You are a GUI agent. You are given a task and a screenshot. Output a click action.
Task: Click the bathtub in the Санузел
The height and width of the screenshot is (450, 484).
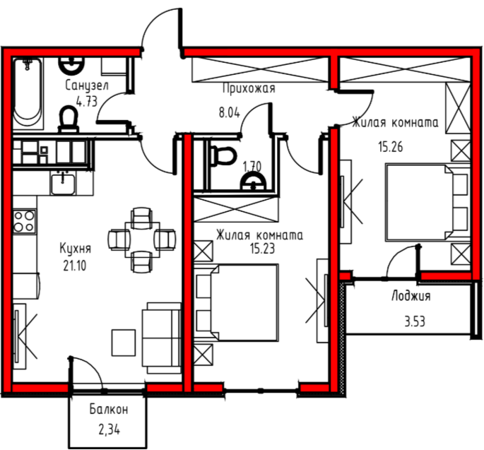(27, 93)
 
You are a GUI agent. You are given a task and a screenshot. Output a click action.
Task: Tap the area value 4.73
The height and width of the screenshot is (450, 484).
(87, 101)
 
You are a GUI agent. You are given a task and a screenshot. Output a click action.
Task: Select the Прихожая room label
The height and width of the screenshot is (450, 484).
(249, 88)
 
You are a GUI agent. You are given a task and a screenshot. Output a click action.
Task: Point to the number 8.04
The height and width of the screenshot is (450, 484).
(230, 113)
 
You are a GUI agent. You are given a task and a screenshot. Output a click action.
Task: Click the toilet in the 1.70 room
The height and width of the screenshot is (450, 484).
(223, 156)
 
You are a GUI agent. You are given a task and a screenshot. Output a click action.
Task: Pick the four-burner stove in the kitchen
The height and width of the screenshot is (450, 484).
(25, 221)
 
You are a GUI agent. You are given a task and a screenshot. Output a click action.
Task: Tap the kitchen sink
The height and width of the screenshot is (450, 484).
(63, 184)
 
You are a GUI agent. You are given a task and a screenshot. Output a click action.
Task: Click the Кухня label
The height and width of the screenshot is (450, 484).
(76, 249)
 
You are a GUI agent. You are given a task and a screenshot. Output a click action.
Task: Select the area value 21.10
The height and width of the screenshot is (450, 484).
(75, 266)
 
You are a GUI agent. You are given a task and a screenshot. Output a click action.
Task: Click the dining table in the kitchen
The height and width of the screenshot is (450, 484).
(142, 239)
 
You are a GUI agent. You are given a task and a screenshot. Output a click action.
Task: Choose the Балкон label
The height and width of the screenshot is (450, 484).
(109, 410)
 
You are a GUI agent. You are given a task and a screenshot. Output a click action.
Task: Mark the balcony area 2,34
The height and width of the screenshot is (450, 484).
(110, 430)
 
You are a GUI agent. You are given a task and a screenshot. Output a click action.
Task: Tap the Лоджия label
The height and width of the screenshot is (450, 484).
(411, 296)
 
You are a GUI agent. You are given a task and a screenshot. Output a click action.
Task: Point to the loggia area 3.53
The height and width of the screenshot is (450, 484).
(415, 321)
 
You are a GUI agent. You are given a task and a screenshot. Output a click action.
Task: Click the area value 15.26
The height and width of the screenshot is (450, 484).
(391, 147)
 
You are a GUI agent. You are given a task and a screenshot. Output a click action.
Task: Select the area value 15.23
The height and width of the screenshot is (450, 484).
(262, 249)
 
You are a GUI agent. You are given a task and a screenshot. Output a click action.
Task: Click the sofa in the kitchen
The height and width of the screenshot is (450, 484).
(161, 338)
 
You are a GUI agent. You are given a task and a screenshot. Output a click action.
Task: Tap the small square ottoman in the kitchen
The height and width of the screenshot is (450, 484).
(124, 343)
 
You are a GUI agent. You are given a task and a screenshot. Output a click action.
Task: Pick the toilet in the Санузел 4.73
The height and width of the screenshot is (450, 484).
(69, 119)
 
